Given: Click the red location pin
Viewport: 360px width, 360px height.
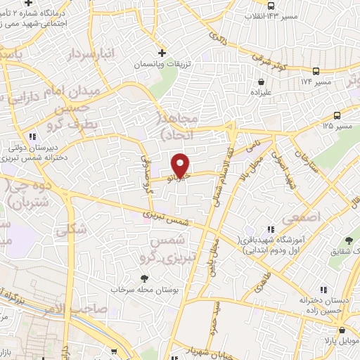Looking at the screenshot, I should pos(181,165).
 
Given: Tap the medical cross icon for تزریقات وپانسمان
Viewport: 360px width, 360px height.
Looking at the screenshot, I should pos(162,53).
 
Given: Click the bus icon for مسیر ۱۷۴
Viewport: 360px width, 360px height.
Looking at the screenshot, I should pos(316,70).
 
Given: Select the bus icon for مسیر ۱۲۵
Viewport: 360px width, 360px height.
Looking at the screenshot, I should pos(337,115).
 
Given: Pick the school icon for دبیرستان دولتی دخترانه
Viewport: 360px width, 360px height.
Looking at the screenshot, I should pos(32,136).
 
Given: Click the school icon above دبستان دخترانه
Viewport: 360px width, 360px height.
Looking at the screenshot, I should pos(323,289).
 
